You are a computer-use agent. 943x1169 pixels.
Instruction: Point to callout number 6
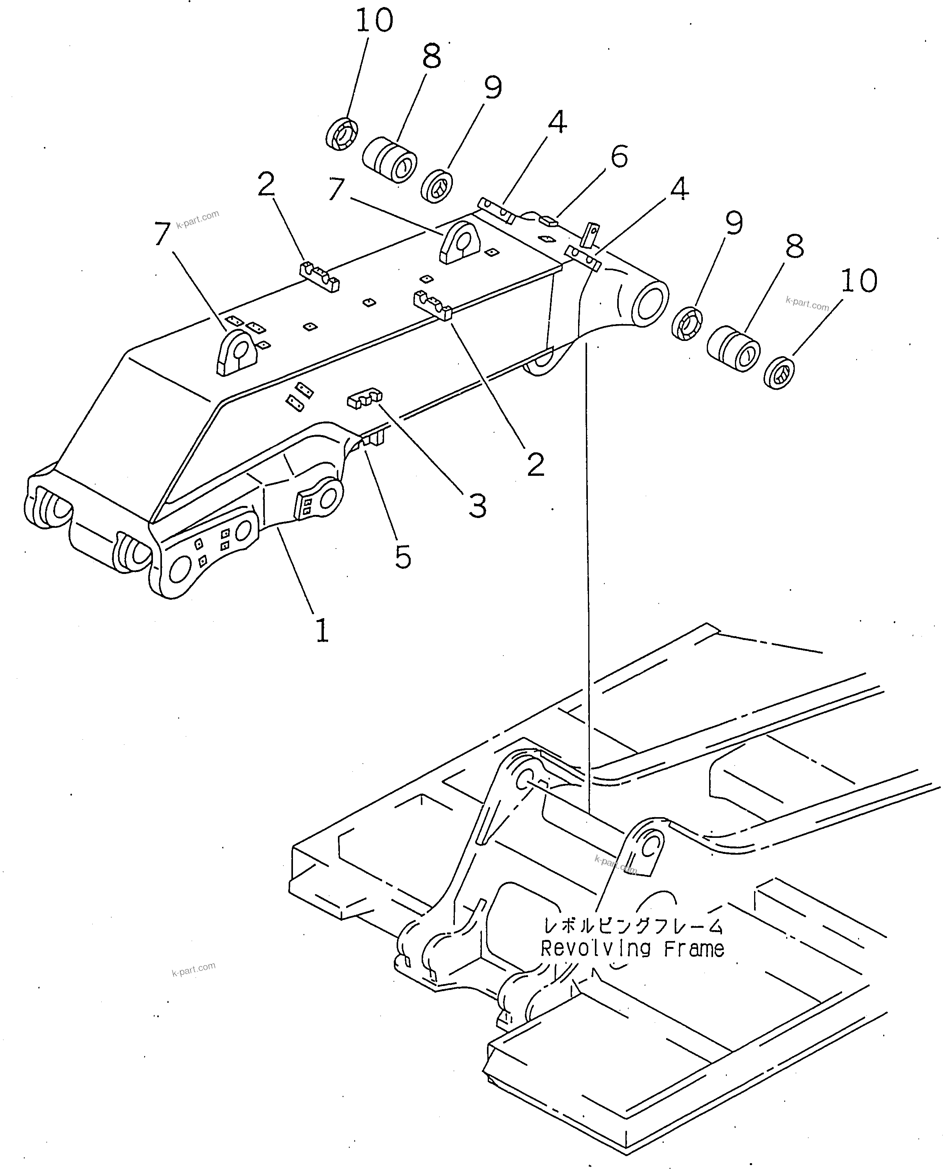(619, 156)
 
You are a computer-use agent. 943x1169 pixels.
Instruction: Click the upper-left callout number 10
(374, 21)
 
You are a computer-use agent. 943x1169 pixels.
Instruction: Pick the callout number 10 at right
(859, 281)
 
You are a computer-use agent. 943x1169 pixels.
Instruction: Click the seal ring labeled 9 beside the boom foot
(687, 324)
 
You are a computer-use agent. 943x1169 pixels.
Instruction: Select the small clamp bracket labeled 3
(364, 398)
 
